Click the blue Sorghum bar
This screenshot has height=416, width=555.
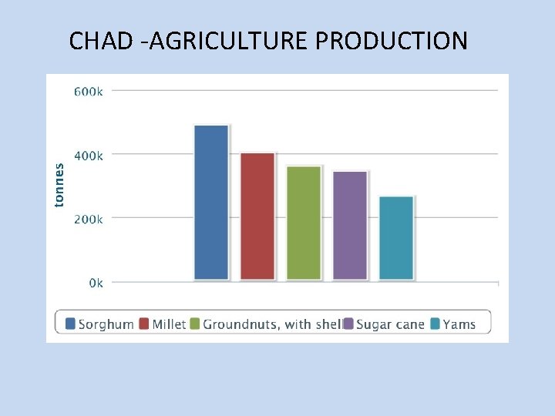(211, 202)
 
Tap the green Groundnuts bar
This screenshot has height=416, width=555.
(304, 223)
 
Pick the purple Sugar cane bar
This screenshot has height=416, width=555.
(350, 225)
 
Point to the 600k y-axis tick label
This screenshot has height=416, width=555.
(88, 92)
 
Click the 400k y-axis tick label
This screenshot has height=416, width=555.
(88, 156)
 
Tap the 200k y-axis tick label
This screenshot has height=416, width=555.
(88, 220)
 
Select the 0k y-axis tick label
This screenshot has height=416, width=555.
(95, 283)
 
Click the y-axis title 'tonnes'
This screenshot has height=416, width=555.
(59, 184)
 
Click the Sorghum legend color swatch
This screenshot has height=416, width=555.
(71, 324)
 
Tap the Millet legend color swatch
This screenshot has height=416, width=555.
(145, 324)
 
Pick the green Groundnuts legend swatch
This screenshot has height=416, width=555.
(195, 324)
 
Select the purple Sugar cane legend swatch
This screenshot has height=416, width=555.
(348, 324)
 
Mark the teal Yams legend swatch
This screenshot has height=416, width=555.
(436, 324)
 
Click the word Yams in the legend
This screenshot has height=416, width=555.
(459, 324)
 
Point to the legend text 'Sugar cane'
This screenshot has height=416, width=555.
(391, 324)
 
